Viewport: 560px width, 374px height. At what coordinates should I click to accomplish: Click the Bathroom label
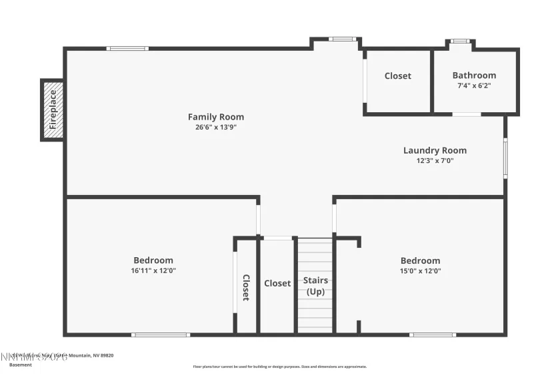click(474, 75)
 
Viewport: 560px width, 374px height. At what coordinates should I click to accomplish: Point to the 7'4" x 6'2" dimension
click(474, 85)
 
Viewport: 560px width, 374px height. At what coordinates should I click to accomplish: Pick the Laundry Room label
click(435, 150)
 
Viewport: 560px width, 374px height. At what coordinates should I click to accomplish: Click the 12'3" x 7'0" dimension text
click(435, 160)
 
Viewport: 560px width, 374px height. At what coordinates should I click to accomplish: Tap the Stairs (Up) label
click(315, 286)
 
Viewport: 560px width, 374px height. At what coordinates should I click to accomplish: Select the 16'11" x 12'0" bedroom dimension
click(153, 270)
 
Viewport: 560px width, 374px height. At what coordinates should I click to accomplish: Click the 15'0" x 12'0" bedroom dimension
click(420, 270)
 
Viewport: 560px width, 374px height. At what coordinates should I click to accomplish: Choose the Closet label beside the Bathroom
click(398, 76)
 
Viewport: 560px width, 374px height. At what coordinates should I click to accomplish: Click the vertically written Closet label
click(245, 287)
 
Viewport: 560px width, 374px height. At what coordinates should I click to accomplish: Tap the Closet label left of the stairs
click(277, 283)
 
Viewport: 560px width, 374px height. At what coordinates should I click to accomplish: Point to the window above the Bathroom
click(460, 41)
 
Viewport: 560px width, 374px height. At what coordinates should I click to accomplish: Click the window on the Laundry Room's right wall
click(505, 158)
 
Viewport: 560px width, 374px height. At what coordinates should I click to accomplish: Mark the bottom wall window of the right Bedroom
click(433, 334)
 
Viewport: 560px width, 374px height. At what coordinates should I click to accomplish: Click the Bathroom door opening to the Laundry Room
click(467, 114)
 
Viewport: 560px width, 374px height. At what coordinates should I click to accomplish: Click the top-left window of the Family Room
click(127, 48)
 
